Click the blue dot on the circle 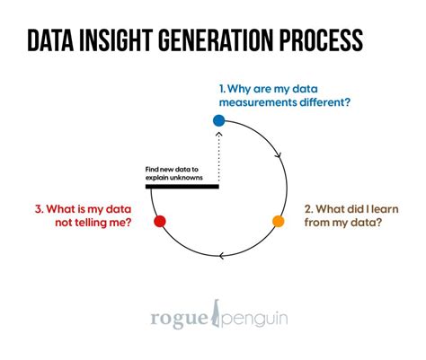(218, 120)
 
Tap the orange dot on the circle (279, 221)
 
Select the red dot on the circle (159, 221)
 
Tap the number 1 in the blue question (221, 88)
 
